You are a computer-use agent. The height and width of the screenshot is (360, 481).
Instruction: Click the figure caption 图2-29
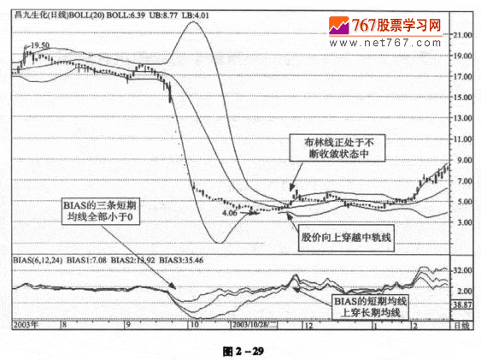pos(243,350)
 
